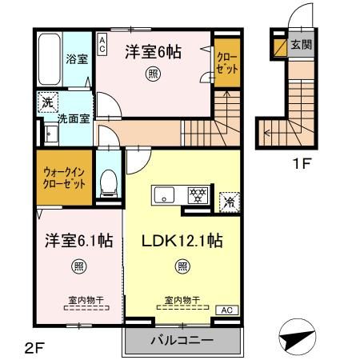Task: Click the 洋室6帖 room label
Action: (x=152, y=52)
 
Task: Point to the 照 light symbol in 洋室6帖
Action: (x=152, y=75)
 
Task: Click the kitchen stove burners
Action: (x=197, y=194)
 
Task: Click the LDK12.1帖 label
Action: (x=182, y=241)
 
